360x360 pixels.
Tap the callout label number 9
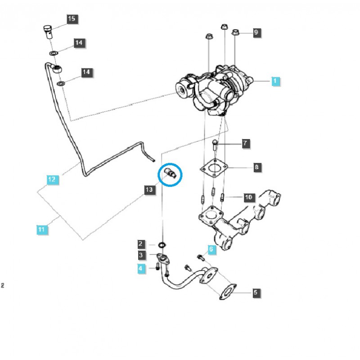(x=256, y=32)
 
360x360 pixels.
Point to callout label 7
(x=245, y=144)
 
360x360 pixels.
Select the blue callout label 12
(x=52, y=180)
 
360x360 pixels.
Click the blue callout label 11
(x=41, y=230)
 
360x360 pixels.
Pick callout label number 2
(x=141, y=244)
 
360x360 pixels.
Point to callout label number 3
(x=141, y=256)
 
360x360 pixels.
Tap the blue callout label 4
(x=141, y=269)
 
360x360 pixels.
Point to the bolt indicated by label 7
(x=216, y=145)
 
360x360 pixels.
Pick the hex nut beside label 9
(x=236, y=32)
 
